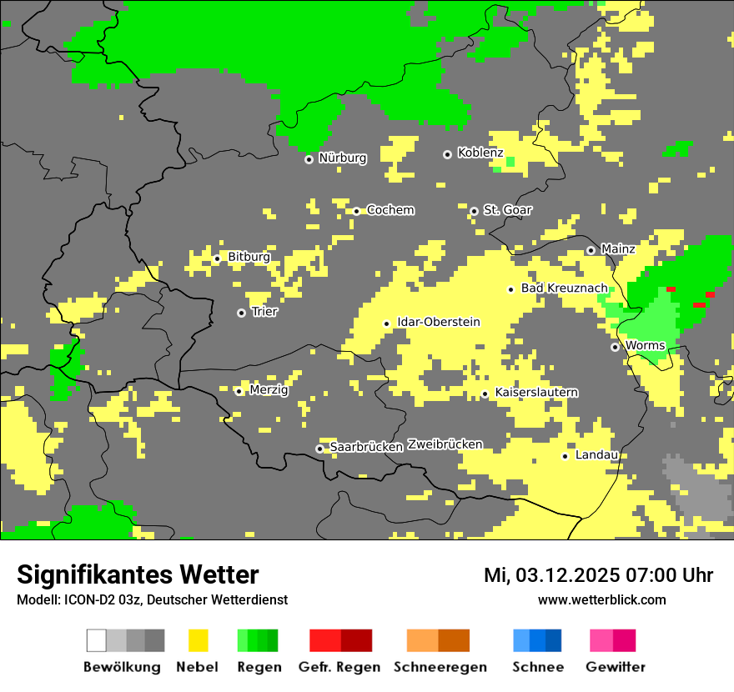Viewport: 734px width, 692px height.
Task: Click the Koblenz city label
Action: pyautogui.click(x=480, y=153)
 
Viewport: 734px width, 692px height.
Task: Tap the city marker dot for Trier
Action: pyautogui.click(x=241, y=313)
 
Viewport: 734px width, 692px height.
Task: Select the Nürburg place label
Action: pyautogui.click(x=342, y=158)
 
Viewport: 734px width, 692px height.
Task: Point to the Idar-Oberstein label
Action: pyautogui.click(x=438, y=323)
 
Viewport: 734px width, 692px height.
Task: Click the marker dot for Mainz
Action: pyautogui.click(x=591, y=250)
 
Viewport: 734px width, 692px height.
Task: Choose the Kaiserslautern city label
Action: pyautogui.click(x=536, y=393)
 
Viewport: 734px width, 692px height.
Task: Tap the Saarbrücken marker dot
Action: pyautogui.click(x=319, y=449)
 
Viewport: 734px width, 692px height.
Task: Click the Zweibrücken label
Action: pyautogui.click(x=445, y=444)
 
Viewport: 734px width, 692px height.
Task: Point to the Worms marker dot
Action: pyautogui.click(x=615, y=347)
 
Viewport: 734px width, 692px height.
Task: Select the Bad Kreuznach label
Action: pyautogui.click(x=564, y=288)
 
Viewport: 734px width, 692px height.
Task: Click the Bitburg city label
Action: pyautogui.click(x=249, y=258)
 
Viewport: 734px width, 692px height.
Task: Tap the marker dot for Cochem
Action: pyautogui.click(x=356, y=211)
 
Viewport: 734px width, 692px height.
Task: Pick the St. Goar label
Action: pyautogui.click(x=507, y=210)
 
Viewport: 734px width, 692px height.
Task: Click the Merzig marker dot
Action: pyautogui.click(x=239, y=391)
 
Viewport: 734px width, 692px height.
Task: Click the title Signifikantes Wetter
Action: pyautogui.click(x=138, y=575)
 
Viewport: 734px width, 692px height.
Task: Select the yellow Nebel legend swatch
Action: pyautogui.click(x=199, y=640)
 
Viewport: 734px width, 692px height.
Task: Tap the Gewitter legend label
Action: pyautogui.click(x=615, y=667)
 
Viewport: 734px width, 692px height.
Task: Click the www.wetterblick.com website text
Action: pyautogui.click(x=601, y=600)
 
